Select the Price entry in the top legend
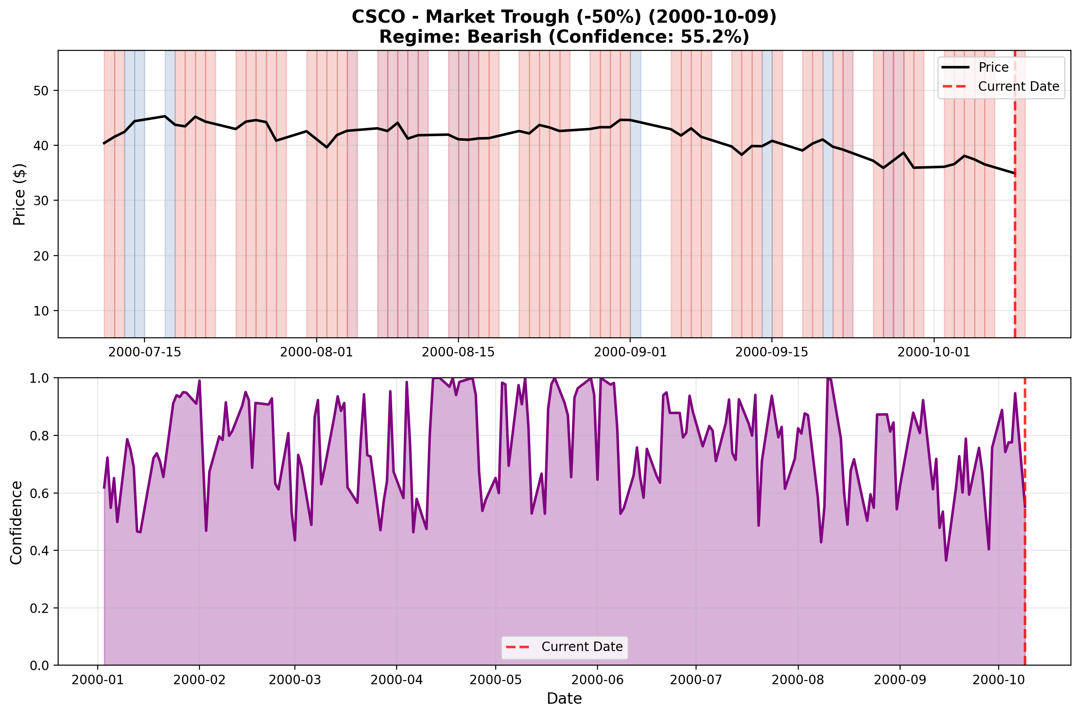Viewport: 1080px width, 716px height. [993, 67]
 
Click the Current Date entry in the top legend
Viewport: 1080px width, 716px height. [1018, 86]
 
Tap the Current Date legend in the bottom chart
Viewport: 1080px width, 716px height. [582, 647]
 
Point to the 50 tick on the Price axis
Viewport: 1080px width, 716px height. [40, 90]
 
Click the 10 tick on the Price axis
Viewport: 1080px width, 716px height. [40, 311]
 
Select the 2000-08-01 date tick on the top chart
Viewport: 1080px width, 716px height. [316, 352]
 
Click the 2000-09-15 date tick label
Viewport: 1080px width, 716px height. [771, 352]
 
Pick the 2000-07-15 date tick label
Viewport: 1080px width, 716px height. [144, 352]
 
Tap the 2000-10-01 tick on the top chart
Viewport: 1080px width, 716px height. [933, 352]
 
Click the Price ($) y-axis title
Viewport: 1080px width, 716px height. [19, 194]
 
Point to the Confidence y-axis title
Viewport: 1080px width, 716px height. [16, 523]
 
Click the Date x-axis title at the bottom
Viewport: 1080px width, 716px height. [564, 699]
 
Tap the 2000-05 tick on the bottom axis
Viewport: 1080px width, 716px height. [495, 680]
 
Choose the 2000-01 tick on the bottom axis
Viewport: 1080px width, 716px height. [97, 680]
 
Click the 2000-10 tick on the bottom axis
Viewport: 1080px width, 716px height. [999, 680]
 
